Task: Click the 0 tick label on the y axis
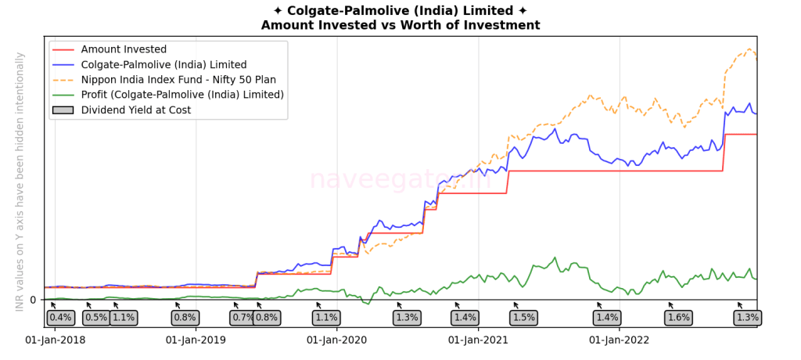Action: (x=33, y=300)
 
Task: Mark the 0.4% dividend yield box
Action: (x=60, y=318)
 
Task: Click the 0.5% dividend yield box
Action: (x=96, y=318)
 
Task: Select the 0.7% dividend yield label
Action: (x=242, y=318)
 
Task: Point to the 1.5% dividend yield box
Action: (x=523, y=318)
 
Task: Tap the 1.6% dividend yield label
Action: (x=678, y=318)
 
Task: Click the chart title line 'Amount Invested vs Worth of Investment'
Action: (x=400, y=25)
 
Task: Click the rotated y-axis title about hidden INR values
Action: (x=20, y=182)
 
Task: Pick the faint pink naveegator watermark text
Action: (x=400, y=179)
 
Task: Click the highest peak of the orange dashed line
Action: (x=749, y=49)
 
